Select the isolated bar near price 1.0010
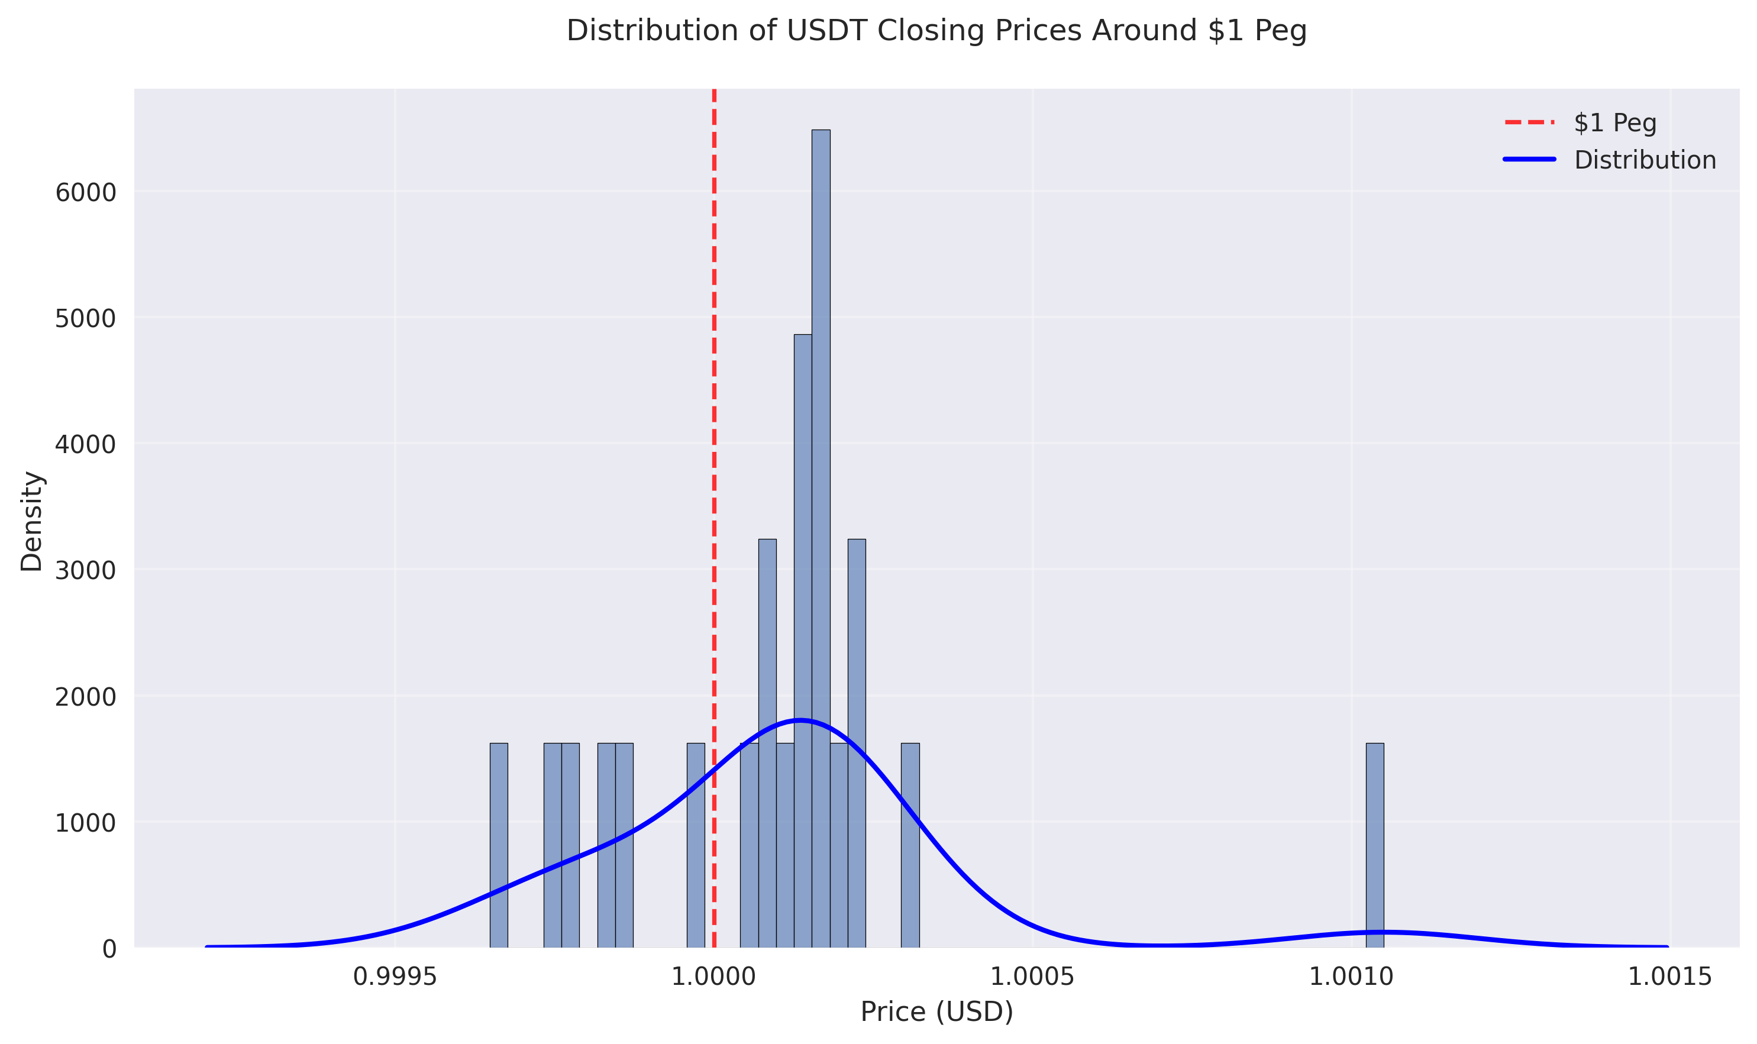[1374, 844]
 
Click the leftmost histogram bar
[498, 844]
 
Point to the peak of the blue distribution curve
[799, 720]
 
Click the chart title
[936, 31]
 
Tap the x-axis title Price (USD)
[936, 1011]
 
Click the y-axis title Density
[32, 521]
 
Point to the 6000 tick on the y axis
[85, 192]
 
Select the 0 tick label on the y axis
[109, 949]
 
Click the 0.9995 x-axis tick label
[395, 977]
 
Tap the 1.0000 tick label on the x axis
[713, 977]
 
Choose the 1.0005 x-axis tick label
[1032, 977]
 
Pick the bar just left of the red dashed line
[695, 844]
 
